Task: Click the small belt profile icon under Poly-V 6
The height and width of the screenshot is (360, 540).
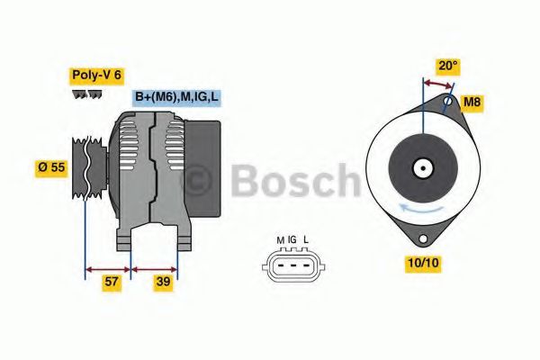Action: point(87,94)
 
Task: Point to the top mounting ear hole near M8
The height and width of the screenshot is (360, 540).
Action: point(447,104)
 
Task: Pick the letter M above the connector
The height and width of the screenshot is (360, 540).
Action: point(280,239)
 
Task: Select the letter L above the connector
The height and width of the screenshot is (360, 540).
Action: point(306,239)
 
